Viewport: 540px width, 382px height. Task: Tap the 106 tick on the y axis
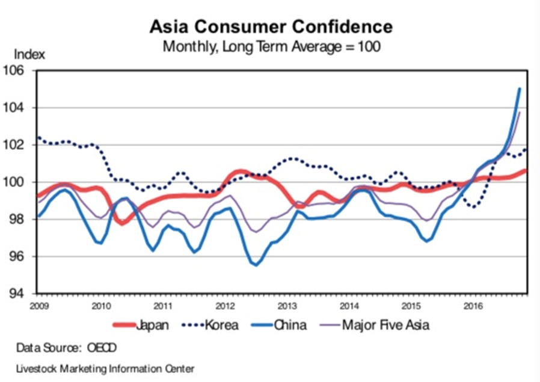[x=22, y=71]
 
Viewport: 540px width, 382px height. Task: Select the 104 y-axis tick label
[x=22, y=108]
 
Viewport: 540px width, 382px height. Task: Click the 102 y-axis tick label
[x=22, y=145]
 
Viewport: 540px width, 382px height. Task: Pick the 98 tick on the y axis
[x=22, y=220]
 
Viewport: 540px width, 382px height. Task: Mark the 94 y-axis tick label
[x=22, y=294]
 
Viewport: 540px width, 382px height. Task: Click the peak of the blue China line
[x=519, y=89]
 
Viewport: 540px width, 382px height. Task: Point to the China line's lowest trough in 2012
[x=257, y=265]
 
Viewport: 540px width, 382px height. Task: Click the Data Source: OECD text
[x=67, y=348]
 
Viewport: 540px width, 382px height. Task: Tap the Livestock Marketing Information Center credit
[x=105, y=368]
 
